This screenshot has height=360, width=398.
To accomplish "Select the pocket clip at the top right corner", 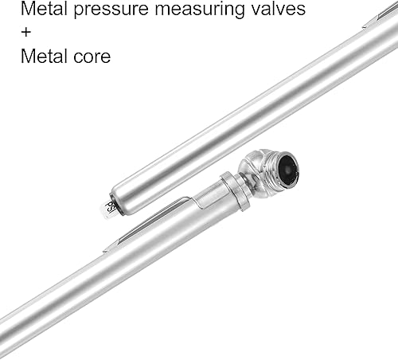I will pos(378,18).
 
